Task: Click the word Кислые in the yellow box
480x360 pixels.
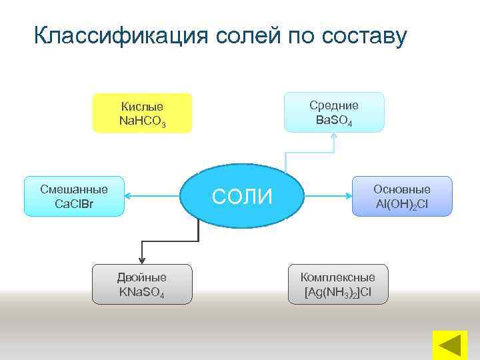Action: point(142,107)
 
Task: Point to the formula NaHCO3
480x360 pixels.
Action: point(142,121)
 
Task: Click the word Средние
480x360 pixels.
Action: point(334,105)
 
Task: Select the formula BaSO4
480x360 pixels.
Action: point(334,121)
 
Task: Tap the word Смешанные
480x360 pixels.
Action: point(74,189)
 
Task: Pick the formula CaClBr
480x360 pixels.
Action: point(74,203)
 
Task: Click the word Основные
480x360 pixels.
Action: point(402,189)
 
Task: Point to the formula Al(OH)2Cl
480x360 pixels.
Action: point(402,204)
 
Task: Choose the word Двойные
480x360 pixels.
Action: point(142,277)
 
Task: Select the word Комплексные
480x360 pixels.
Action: point(338,277)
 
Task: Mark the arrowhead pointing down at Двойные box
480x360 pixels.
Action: point(142,261)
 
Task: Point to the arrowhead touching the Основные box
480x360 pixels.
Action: point(349,196)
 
